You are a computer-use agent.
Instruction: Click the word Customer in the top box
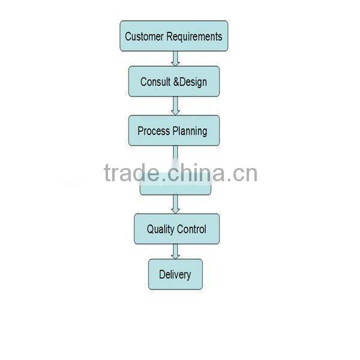tap(143, 37)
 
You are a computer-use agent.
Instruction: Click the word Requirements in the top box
tap(194, 37)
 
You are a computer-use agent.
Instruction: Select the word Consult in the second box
tap(155, 82)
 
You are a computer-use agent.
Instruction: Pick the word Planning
tap(190, 131)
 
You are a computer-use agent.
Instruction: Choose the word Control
tap(192, 229)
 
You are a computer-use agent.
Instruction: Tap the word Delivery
tap(175, 275)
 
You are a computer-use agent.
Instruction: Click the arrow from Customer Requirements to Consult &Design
tap(175, 59)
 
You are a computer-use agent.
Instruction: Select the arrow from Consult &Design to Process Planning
tap(175, 106)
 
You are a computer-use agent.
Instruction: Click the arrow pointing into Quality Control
tap(175, 205)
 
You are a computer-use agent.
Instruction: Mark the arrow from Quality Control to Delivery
tap(175, 251)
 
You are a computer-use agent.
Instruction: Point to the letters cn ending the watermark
tap(246, 174)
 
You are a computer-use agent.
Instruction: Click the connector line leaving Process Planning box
tap(175, 152)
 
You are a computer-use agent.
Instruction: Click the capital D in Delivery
tap(162, 275)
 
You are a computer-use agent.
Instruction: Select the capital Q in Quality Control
tap(151, 229)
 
